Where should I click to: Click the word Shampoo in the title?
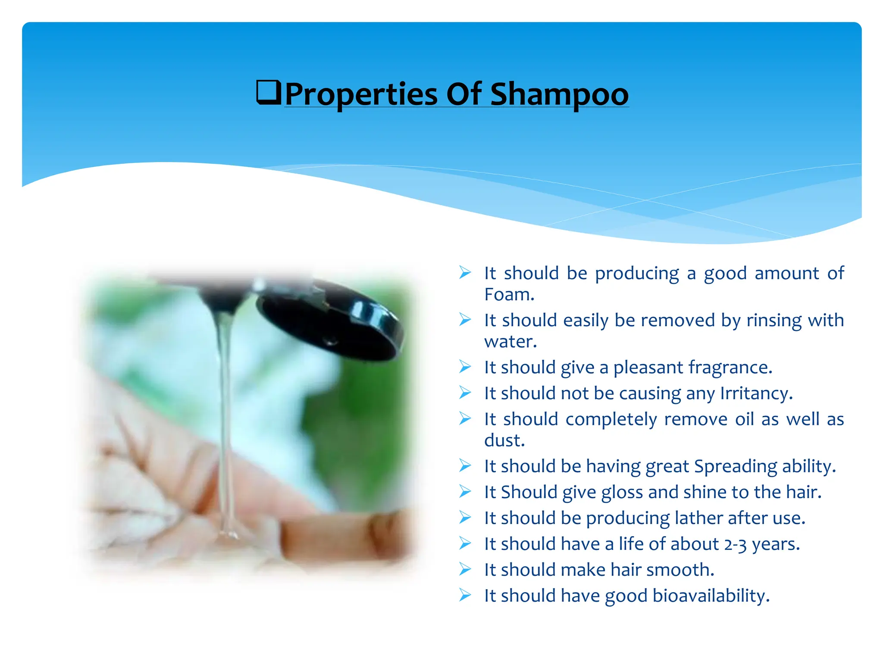559,94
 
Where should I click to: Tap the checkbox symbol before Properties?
269,92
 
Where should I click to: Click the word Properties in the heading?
361,94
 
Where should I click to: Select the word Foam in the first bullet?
508,295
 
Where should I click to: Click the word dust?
503,440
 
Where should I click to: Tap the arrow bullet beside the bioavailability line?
465,595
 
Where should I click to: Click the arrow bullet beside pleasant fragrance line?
465,367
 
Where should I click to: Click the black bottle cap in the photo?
332,323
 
